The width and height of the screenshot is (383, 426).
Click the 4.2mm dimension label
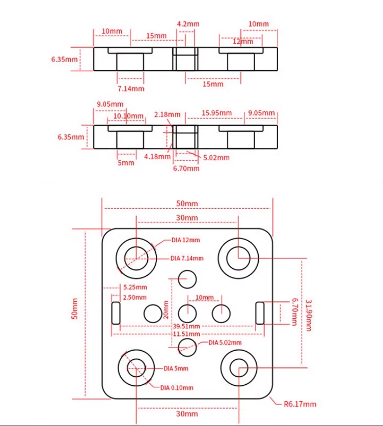(x=188, y=24)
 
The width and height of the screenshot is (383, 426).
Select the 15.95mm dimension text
(x=216, y=113)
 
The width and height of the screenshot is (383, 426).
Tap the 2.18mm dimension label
(x=167, y=115)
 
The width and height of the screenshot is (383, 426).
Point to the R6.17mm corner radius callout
(x=300, y=404)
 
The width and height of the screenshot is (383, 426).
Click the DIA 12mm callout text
(x=185, y=240)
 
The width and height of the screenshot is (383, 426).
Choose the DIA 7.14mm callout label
(x=187, y=259)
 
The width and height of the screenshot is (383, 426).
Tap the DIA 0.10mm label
(x=177, y=387)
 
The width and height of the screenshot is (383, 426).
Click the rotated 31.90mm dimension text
(x=308, y=316)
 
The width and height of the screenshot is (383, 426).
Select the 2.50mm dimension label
(x=135, y=297)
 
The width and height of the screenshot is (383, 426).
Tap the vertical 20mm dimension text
(x=166, y=309)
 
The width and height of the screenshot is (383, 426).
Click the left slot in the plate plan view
(x=116, y=313)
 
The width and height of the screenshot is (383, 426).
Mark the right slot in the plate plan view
(x=260, y=313)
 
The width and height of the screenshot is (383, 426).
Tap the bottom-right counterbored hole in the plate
(x=237, y=367)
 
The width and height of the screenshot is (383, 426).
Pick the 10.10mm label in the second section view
(x=128, y=116)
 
